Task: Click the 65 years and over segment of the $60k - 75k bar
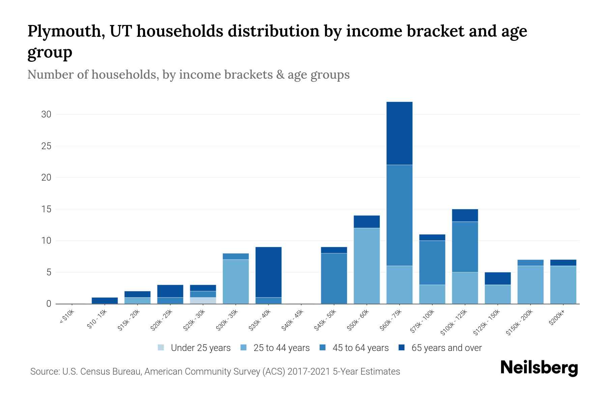pos(399,133)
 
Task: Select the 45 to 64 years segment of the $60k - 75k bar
pos(399,215)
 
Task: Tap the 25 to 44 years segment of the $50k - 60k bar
pos(367,266)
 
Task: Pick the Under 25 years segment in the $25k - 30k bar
pos(203,300)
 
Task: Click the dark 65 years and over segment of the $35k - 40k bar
pos(268,272)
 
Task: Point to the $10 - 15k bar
pos(105,300)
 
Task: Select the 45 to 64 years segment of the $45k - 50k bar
pos(334,278)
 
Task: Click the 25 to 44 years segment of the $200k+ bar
pos(563,285)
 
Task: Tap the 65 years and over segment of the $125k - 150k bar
pos(497,278)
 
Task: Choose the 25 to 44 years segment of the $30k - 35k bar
pos(236,281)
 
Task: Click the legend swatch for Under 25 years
pos(161,347)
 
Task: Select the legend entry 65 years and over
pos(446,348)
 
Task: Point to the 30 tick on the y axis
pos(46,114)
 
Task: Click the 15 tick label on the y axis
pos(46,209)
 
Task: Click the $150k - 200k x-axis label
pos(519,322)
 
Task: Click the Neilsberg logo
pos(539,368)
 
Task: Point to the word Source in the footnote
pos(44,372)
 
